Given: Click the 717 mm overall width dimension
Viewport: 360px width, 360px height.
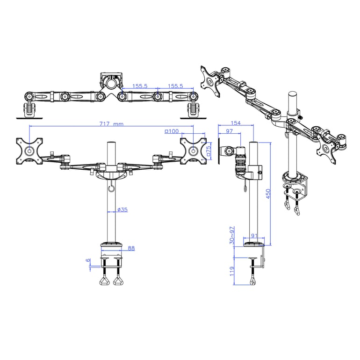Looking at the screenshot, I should pos(111,124).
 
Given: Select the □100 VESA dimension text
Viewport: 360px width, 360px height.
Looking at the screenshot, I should pos(172,131).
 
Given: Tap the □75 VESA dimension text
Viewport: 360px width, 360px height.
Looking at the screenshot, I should pos(209,151).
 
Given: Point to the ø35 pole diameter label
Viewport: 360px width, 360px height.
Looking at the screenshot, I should pos(122,210).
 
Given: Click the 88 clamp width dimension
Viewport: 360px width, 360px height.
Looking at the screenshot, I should pos(131,248).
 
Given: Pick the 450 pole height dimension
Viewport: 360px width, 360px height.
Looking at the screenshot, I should pos(268,194).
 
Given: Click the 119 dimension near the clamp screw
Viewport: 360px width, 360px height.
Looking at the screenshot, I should pos(232,272).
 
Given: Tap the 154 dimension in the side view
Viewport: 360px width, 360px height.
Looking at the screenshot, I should pos(236,123).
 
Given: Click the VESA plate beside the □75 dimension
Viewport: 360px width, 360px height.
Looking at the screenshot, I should pos(193,151).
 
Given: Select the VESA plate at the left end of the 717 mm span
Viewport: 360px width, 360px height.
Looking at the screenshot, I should pos(29,151).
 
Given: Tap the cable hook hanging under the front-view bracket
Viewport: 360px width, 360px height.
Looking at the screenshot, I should pos(110,188).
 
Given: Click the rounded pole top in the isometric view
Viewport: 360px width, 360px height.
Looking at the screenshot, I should pos(293,94).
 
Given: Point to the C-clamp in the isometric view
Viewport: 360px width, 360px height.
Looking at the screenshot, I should pos(296,187).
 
